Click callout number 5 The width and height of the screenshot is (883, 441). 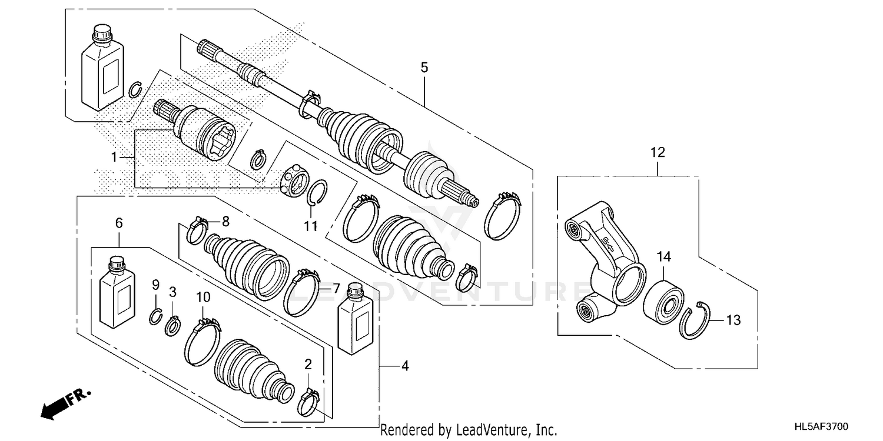[x=424, y=68]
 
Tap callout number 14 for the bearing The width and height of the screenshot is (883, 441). [x=664, y=256]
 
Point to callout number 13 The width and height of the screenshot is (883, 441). [x=733, y=320]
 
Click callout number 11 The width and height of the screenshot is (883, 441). [x=310, y=226]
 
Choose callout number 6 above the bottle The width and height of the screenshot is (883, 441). [x=119, y=223]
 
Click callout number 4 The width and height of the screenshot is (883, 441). [x=404, y=366]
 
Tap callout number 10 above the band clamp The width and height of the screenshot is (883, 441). [x=203, y=298]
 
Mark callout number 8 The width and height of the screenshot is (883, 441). [x=224, y=222]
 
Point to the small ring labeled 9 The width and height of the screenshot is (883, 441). [x=155, y=316]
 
